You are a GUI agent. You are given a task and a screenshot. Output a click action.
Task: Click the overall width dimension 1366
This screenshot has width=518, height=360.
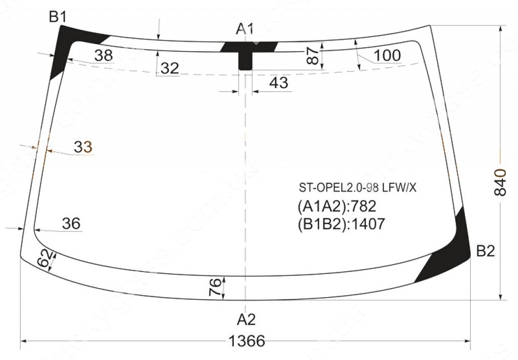pyautogui.click(x=247, y=341)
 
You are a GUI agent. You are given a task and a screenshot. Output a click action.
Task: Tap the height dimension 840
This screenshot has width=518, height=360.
pyautogui.click(x=500, y=182)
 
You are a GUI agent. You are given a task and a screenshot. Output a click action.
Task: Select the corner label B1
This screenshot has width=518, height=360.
pyautogui.click(x=58, y=17)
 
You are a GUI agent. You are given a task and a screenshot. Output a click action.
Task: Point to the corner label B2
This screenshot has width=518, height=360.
pyautogui.click(x=485, y=251)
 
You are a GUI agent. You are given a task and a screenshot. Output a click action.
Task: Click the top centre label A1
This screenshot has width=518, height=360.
pyautogui.click(x=245, y=29)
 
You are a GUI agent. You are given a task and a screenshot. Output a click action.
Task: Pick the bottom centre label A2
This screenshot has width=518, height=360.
pyautogui.click(x=246, y=319)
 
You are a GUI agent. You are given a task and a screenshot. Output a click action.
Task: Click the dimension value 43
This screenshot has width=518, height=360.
pyautogui.click(x=279, y=83)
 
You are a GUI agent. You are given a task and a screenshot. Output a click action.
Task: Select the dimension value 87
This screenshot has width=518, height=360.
pyautogui.click(x=314, y=55)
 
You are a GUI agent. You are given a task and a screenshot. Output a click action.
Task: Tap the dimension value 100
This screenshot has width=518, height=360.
pyautogui.click(x=387, y=56)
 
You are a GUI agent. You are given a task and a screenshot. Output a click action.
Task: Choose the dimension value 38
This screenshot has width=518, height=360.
pyautogui.click(x=103, y=56)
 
